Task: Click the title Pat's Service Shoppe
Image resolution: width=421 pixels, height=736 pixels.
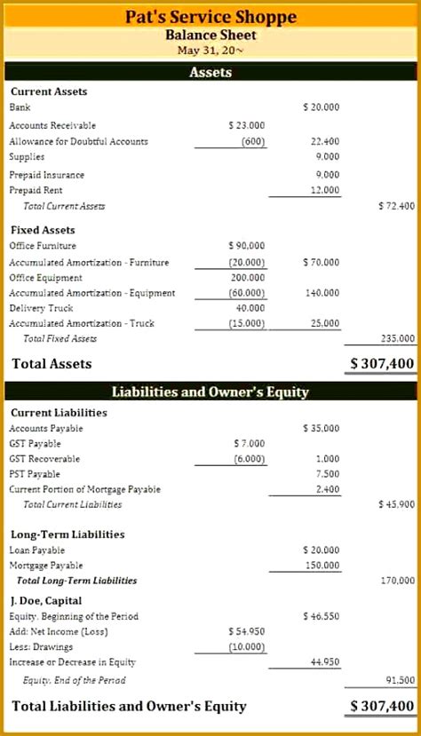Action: pos(210,17)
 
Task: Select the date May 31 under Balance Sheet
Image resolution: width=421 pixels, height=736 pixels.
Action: pos(210,51)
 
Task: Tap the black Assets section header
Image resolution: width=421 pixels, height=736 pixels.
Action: pos(210,72)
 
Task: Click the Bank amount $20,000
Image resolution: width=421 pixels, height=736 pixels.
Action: pos(321,107)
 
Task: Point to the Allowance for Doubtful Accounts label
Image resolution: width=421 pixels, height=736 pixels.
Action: pos(78,141)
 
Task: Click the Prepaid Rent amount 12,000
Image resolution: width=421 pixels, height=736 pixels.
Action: pos(325,190)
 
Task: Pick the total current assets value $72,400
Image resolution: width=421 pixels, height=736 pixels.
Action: pos(396,206)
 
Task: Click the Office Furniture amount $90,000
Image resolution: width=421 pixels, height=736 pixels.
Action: pos(246,246)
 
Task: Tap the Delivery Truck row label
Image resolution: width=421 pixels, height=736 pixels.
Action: pos(43,308)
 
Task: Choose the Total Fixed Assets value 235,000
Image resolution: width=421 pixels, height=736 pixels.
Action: pos(398,338)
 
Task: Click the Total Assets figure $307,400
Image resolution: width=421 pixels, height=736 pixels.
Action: pos(382,363)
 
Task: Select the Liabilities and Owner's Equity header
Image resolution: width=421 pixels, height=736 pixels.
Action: pos(210,392)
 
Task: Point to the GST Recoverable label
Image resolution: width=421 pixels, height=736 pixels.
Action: pos(44,459)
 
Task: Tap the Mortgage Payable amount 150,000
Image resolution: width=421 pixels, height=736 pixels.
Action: pos(322,566)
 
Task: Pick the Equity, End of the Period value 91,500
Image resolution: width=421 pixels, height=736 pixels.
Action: pos(400,680)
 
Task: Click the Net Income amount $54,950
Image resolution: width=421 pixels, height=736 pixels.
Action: pos(246,631)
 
